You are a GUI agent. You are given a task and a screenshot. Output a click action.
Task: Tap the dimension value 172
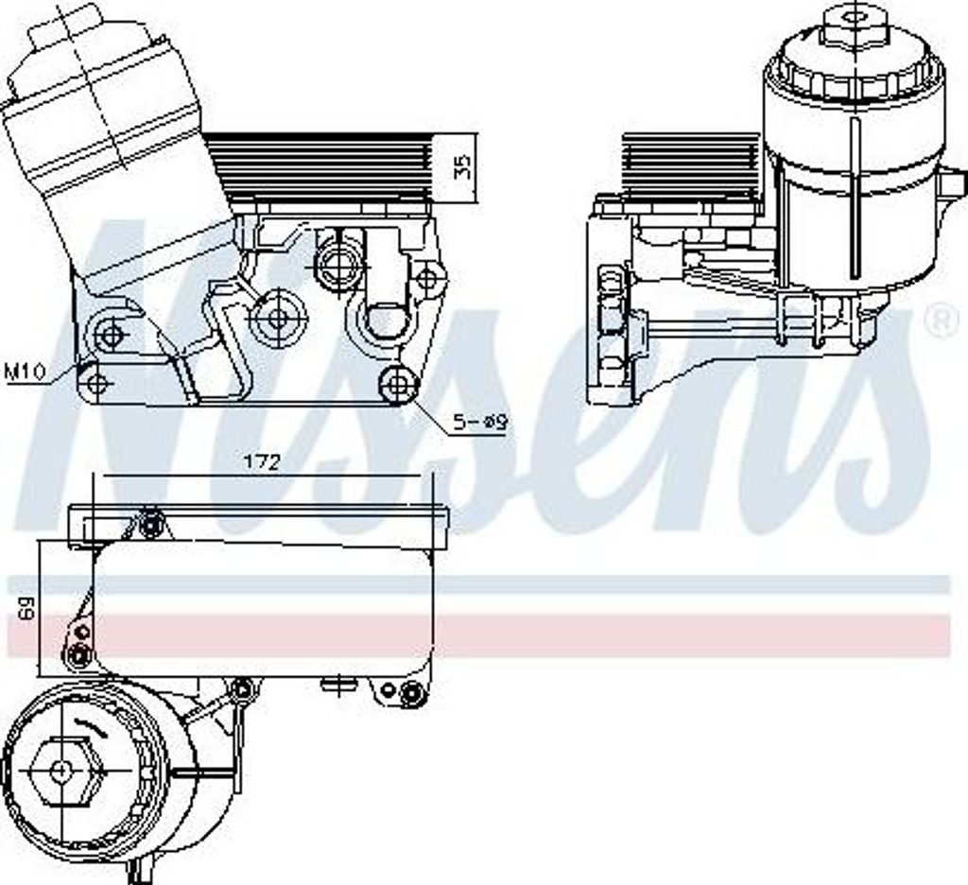(x=263, y=461)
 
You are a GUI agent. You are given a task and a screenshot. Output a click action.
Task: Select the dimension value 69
(x=26, y=608)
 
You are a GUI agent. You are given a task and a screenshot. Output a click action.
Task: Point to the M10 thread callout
(x=24, y=372)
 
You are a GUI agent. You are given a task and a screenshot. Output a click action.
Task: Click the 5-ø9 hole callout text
(x=480, y=423)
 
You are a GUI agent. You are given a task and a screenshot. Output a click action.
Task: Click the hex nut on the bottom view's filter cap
(x=60, y=771)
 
